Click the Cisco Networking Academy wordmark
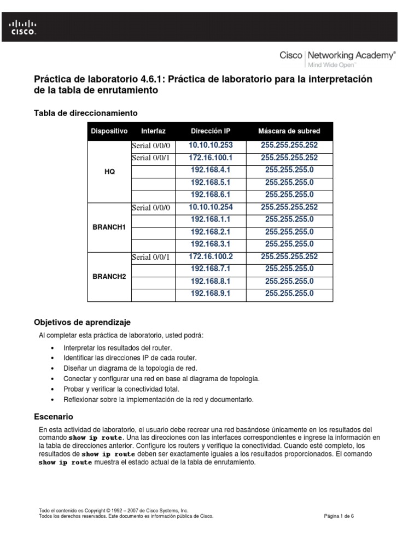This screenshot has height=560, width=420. tap(337, 55)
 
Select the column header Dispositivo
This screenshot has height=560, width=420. tap(109, 131)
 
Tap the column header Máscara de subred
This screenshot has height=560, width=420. tap(289, 131)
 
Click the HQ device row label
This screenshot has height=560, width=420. tap(109, 171)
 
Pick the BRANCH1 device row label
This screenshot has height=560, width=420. tap(109, 226)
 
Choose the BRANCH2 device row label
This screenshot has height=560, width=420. tap(109, 276)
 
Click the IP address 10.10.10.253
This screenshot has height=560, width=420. tap(211, 145)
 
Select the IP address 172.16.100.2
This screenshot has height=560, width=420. tap(211, 256)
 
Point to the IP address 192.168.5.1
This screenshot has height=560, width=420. tap(211, 182)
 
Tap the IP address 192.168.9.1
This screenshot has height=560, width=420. tap(211, 294)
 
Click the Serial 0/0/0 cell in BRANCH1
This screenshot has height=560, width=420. tap(151, 208)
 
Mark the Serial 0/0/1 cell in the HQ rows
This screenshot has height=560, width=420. tap(151, 158)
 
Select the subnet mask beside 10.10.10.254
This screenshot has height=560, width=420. tap(289, 207)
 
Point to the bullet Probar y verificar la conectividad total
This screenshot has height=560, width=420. tap(121, 389)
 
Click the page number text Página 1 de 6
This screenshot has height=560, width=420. tap(339, 516)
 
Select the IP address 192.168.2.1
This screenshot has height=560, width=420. tap(211, 232)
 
